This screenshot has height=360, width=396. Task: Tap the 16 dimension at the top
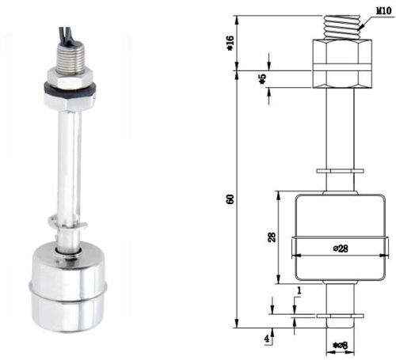coord(231,44)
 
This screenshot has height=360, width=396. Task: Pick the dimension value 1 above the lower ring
coord(297,291)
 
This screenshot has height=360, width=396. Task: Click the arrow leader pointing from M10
coord(360,25)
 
